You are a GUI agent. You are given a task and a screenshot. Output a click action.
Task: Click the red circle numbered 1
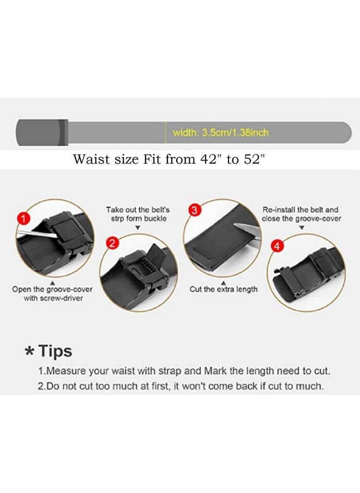[22, 219]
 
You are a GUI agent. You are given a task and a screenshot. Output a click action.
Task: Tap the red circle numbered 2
[112, 243]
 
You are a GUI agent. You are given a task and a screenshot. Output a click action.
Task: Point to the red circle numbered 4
[278, 246]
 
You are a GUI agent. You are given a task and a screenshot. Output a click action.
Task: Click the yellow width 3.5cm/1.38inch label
[220, 133]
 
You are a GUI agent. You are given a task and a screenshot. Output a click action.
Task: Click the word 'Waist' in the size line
[88, 160]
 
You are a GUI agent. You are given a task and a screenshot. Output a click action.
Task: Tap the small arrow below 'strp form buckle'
[137, 228]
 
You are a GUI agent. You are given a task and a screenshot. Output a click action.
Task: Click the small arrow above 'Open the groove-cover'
[51, 283]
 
